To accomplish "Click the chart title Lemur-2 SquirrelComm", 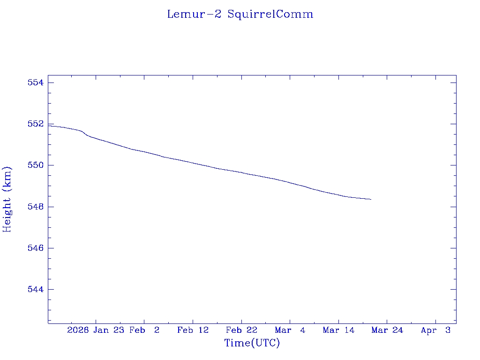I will (x=240, y=14).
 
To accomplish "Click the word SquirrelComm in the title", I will (x=270, y=14).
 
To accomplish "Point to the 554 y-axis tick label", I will (x=35, y=83).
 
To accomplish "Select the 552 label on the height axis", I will (x=35, y=124).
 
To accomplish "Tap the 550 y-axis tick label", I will (x=35, y=165).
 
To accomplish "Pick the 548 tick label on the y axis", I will (x=35, y=207).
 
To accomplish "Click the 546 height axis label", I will (x=35, y=248).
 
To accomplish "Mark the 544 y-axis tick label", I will (x=35, y=289).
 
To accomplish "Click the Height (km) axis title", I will (x=7, y=199).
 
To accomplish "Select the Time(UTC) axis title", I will (x=252, y=343).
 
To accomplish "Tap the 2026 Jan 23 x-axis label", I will (x=96, y=330).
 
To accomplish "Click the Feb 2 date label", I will (x=144, y=330).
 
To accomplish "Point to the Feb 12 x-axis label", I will (x=193, y=330).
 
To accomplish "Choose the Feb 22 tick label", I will (x=241, y=330).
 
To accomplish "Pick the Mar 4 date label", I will (x=290, y=330).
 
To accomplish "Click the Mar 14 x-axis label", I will (x=338, y=330).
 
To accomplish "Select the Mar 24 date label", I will (x=387, y=330).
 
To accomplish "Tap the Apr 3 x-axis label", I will (x=435, y=330).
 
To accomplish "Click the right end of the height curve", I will (x=371, y=199).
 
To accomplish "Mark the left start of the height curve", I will (x=49, y=126).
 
